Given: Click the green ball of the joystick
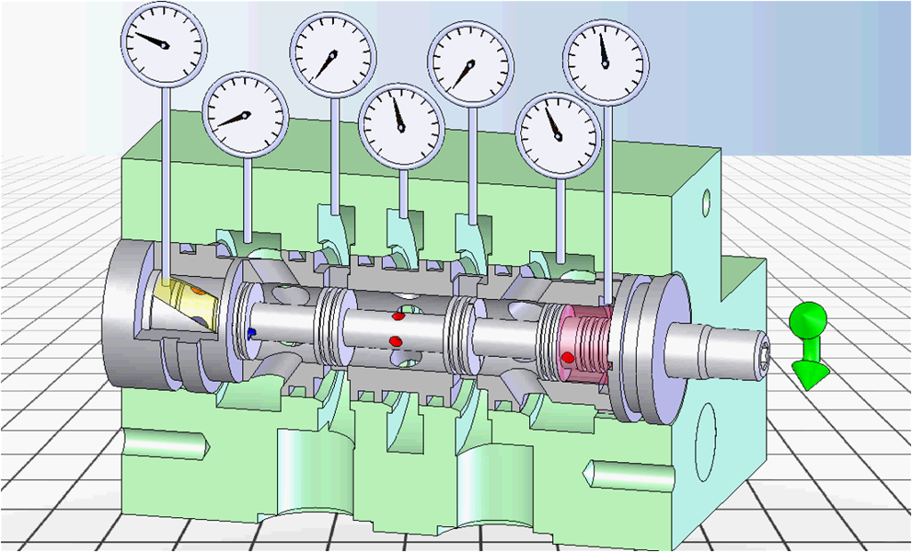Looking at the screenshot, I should [x=810, y=320].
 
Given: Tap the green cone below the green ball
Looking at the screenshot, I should [x=810, y=369].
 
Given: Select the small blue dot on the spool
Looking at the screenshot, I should [x=252, y=332].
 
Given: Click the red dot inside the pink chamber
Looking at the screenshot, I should [x=567, y=357].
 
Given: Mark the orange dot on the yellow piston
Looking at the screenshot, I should [x=197, y=291].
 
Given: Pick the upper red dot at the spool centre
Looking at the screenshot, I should [x=398, y=316].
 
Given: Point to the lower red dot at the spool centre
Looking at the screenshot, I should [x=395, y=340].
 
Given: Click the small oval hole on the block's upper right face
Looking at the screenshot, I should [x=707, y=198].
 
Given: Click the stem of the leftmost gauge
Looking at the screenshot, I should [x=165, y=178].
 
